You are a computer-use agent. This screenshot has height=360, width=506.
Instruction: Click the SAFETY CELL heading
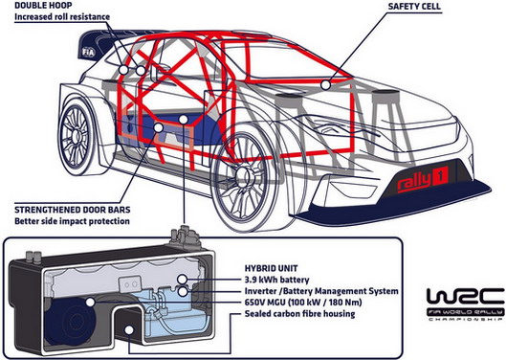[x=415, y=7]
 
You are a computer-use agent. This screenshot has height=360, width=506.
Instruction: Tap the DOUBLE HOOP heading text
[x=43, y=5]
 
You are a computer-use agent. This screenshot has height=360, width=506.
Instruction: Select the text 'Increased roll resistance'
[x=62, y=17]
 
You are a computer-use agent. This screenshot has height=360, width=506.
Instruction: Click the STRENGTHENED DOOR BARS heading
[x=73, y=210]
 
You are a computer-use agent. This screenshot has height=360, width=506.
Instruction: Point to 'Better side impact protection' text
[x=72, y=221]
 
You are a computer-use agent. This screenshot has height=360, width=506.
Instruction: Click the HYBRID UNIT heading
[x=271, y=268]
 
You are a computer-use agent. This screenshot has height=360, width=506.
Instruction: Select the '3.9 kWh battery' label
[x=276, y=280]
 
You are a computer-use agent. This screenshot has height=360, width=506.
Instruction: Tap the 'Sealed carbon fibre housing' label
[x=299, y=314]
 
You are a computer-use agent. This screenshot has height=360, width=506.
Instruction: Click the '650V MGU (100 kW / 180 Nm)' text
[x=303, y=303]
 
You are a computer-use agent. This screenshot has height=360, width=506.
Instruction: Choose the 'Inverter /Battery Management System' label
[x=321, y=291]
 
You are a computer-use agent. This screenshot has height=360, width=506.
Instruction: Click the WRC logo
[x=465, y=304]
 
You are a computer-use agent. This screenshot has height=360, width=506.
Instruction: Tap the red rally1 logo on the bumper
[x=423, y=180]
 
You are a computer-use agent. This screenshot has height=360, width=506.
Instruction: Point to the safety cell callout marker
[x=326, y=85]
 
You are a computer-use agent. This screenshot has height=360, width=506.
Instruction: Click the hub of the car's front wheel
[x=241, y=174]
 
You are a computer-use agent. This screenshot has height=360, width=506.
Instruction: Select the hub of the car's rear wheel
[x=76, y=135]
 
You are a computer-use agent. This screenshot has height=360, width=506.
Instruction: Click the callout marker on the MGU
[x=90, y=303]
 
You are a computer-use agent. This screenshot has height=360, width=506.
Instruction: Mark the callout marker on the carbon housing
[x=129, y=330]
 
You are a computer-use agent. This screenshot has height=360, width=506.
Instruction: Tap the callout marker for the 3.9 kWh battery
[x=183, y=280]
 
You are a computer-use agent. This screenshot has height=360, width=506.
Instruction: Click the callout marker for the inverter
[x=183, y=292]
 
